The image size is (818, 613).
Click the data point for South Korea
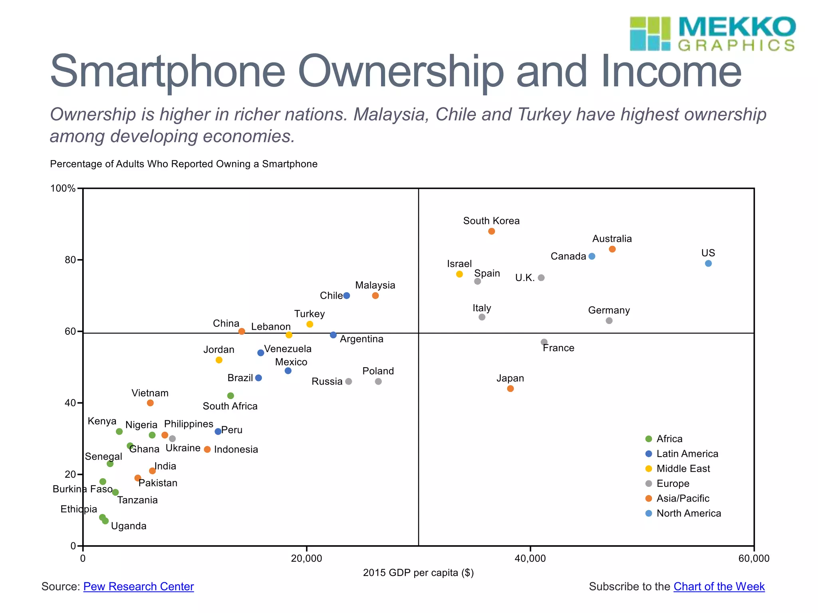tap(491, 231)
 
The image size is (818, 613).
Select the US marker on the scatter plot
tap(708, 263)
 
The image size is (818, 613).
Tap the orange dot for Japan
tap(510, 389)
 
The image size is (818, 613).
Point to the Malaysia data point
tap(375, 296)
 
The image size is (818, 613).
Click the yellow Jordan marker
tap(219, 360)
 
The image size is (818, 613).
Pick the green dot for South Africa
tap(230, 396)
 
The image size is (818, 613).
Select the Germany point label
tap(609, 310)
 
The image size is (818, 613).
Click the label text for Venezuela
tap(288, 349)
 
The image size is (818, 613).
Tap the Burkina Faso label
tap(82, 489)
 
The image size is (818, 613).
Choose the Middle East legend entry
tap(683, 469)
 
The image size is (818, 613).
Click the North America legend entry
tap(689, 513)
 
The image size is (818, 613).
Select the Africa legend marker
tap(649, 439)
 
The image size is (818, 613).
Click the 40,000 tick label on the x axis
tap(530, 558)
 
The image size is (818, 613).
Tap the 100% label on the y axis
tap(63, 188)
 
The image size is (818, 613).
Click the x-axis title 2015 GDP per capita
tap(418, 573)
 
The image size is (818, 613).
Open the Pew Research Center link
tap(138, 587)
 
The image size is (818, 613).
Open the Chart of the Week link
tap(719, 587)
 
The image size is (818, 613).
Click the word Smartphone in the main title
tap(168, 72)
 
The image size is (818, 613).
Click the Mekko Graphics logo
tap(712, 34)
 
